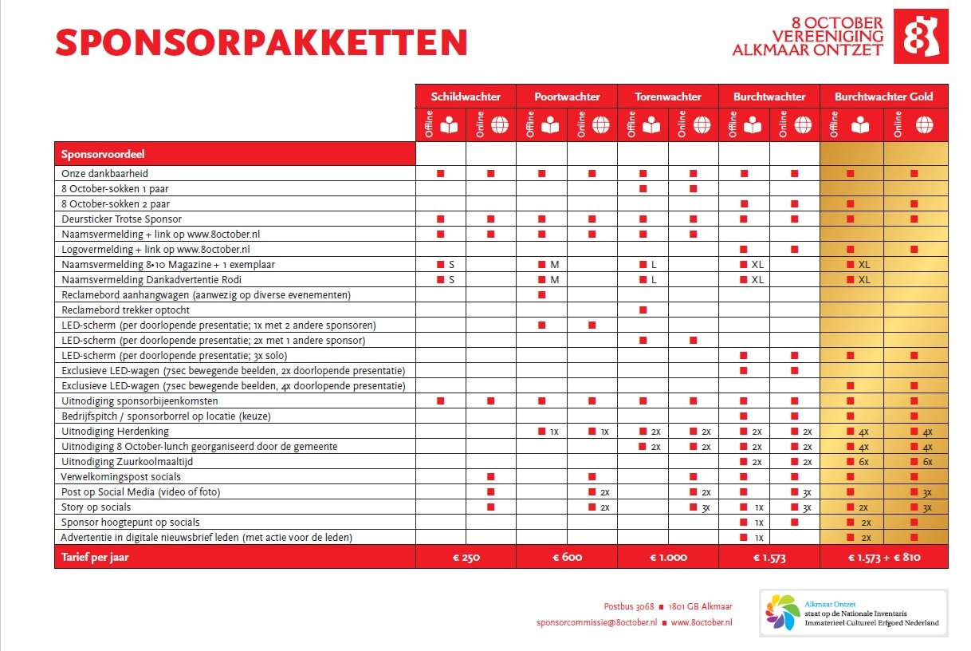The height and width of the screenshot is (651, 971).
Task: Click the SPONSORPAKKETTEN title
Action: click(x=261, y=42)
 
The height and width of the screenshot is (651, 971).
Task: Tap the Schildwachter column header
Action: click(x=466, y=97)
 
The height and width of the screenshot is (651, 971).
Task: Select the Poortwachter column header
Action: click(x=567, y=97)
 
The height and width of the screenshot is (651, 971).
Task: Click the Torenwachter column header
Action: click(x=668, y=97)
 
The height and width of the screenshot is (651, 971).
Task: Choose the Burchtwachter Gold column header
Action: click(x=883, y=97)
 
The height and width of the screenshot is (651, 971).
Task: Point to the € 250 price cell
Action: click(x=466, y=558)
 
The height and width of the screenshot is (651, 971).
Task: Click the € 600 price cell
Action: click(x=567, y=558)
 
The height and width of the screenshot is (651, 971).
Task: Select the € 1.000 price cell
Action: click(x=668, y=558)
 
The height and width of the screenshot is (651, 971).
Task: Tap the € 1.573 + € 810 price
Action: click(x=883, y=558)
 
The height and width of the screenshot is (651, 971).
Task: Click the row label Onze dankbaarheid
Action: click(x=105, y=173)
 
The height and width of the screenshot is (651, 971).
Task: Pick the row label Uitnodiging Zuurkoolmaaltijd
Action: click(x=128, y=461)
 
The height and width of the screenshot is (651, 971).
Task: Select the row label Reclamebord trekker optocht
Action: click(x=126, y=310)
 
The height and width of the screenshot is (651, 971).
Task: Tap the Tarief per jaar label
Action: click(x=95, y=558)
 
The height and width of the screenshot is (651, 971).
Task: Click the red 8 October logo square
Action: click(x=921, y=37)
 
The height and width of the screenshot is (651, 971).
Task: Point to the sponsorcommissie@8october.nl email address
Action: click(x=596, y=622)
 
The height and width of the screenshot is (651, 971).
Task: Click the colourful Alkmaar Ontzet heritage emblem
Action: click(x=782, y=612)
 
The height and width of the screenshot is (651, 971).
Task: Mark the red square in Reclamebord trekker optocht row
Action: click(x=643, y=310)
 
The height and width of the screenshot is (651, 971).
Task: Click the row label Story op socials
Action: click(x=96, y=507)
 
